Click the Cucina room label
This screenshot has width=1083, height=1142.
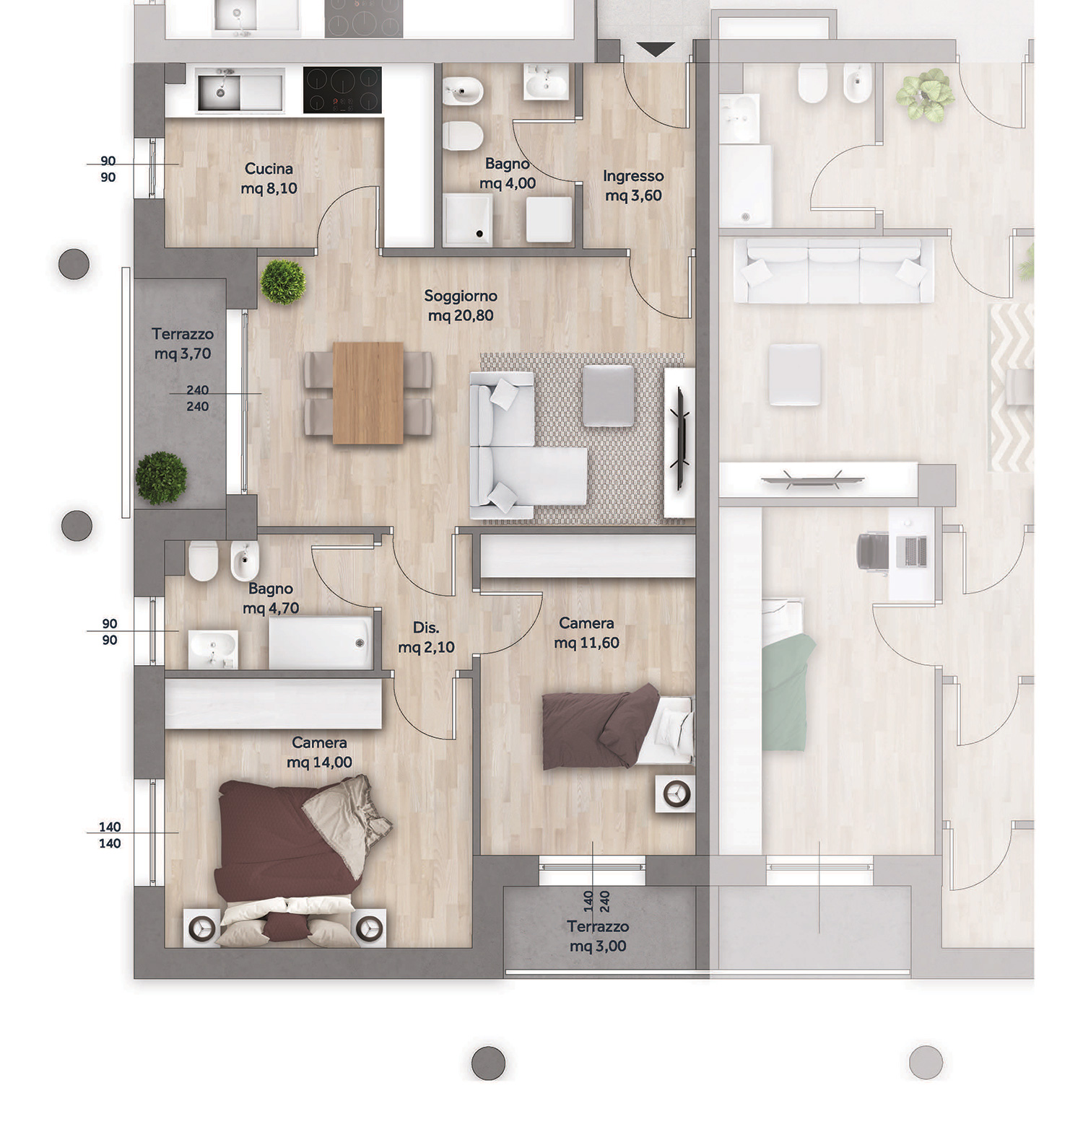(269, 169)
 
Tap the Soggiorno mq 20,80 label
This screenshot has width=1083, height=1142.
(461, 305)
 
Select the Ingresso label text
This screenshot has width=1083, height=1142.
(633, 176)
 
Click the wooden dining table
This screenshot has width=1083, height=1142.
(368, 393)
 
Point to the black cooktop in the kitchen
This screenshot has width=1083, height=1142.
(342, 90)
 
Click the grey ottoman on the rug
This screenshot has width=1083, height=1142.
(608, 395)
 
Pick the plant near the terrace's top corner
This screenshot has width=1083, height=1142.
(283, 281)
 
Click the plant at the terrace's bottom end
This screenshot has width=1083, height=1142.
(161, 478)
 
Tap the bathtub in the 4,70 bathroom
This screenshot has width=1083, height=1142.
(321, 643)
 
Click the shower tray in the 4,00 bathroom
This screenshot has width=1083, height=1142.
(468, 218)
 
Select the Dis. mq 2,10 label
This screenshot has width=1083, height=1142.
(426, 638)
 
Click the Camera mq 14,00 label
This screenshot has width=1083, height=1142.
(319, 752)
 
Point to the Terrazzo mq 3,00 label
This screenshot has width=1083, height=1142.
(598, 936)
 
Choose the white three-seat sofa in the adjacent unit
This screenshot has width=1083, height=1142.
(833, 271)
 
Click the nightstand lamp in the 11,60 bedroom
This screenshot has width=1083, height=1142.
(676, 794)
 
